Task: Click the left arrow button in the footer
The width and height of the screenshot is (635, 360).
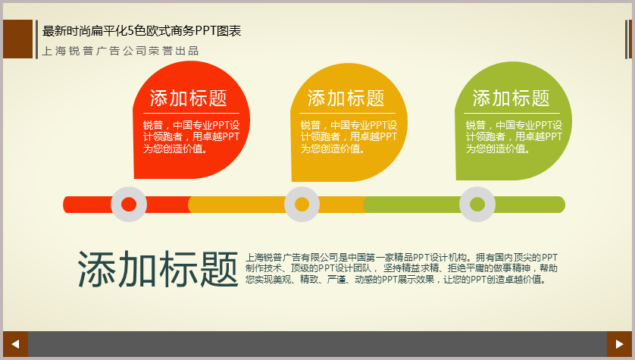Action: (x=15, y=344)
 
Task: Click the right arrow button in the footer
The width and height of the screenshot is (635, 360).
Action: (x=619, y=344)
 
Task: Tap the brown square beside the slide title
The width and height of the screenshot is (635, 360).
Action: (x=18, y=39)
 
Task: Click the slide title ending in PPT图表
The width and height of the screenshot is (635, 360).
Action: (x=142, y=31)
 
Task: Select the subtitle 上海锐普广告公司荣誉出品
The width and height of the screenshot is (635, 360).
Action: (x=120, y=51)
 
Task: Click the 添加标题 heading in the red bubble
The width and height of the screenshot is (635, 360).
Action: (x=189, y=98)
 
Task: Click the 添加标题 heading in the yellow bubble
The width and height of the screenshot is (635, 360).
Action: (x=346, y=98)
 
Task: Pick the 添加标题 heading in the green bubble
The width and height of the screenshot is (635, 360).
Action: (x=511, y=98)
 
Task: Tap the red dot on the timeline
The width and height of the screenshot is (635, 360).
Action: (x=129, y=205)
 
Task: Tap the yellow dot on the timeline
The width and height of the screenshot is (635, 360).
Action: (x=302, y=205)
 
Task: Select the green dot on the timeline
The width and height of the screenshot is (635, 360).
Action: (x=477, y=205)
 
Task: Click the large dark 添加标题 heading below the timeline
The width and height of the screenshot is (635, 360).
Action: (x=158, y=269)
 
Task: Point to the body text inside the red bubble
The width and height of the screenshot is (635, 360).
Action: (x=191, y=137)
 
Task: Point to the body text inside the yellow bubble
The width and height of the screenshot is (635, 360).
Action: (x=349, y=137)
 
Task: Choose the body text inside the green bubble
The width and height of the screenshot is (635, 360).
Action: (x=514, y=137)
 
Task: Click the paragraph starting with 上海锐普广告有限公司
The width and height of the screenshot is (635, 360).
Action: (x=402, y=268)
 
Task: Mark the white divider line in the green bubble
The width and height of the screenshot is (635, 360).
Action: (x=512, y=113)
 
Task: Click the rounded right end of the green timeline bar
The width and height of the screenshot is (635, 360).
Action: (x=561, y=205)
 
